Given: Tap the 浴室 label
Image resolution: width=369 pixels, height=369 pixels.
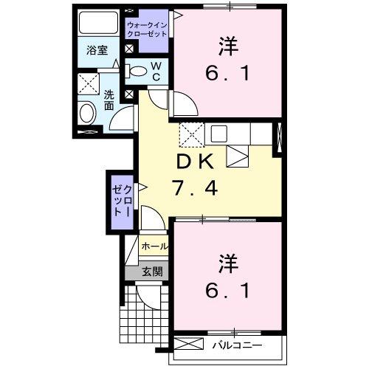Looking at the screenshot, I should [x=97, y=52].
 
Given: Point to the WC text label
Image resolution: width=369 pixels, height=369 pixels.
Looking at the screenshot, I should [x=156, y=71].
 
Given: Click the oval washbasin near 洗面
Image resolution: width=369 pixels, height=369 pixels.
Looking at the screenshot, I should [x=87, y=114].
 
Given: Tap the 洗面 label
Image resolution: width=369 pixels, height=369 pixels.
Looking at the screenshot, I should [x=108, y=100].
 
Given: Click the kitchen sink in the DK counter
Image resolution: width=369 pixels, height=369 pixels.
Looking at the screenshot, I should [x=220, y=134].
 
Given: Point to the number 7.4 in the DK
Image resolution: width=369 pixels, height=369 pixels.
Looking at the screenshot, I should [x=195, y=189].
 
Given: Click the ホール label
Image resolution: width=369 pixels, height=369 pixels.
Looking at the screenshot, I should [x=154, y=246].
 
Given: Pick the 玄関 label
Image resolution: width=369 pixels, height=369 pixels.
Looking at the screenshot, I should [x=153, y=271].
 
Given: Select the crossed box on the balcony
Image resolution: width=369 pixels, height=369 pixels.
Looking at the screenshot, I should [x=189, y=344].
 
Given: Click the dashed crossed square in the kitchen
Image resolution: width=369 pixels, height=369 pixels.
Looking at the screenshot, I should [x=190, y=134].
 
